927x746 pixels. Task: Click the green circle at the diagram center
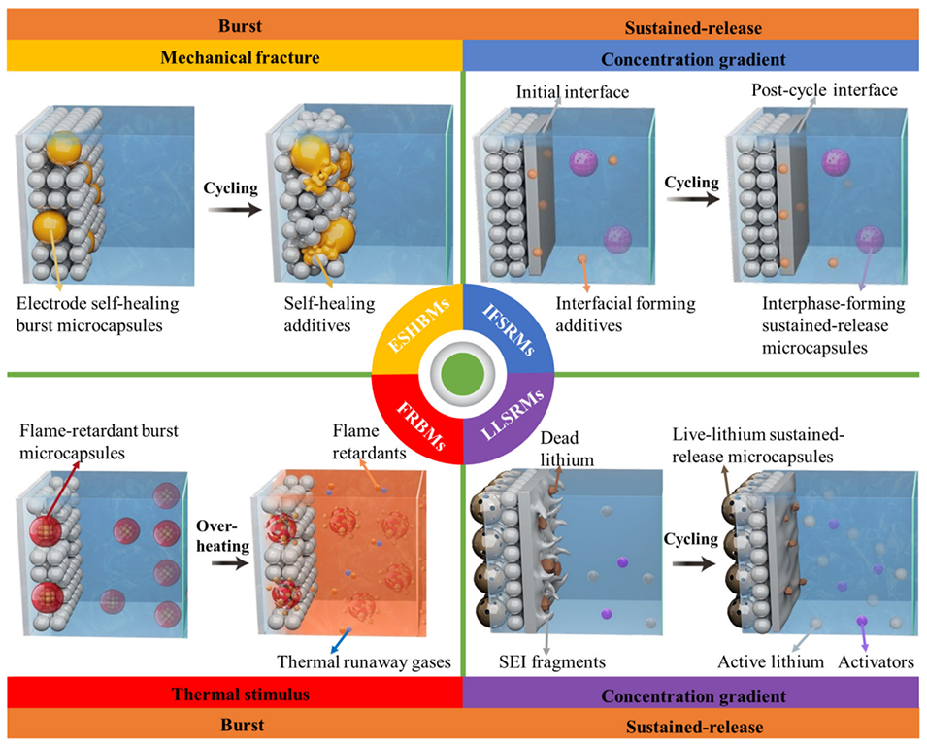(x=463, y=374)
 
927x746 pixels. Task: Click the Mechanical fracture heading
(x=232, y=58)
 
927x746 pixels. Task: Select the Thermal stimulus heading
(x=232, y=695)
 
